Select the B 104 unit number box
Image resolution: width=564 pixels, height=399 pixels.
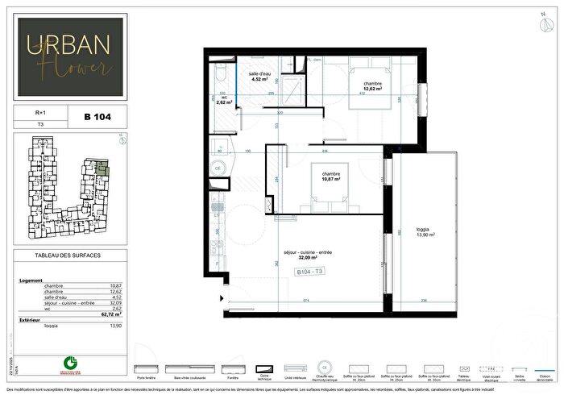(97, 117)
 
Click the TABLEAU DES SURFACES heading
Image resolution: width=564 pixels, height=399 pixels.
(69, 259)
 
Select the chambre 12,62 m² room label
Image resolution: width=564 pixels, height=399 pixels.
(371, 87)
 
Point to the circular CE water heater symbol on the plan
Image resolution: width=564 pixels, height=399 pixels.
(217, 168)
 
